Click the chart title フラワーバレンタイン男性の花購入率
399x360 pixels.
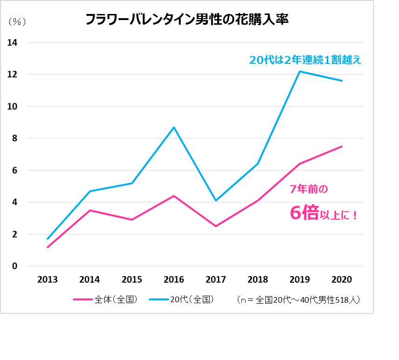click(187, 20)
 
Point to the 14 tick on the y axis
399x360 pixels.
click(12, 43)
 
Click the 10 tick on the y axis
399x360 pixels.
click(12, 107)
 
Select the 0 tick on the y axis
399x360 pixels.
click(14, 266)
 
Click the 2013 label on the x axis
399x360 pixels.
click(48, 280)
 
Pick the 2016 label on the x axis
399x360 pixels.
click(174, 280)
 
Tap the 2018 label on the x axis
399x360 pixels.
click(258, 280)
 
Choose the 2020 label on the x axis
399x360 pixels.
click(342, 280)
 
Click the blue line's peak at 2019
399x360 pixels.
click(300, 71)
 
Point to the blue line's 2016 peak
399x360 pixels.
click(174, 127)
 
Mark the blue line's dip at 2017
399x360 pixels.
click(216, 200)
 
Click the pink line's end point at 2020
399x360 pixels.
click(342, 146)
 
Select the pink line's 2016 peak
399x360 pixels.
click(174, 196)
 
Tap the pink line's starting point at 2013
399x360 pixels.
click(48, 247)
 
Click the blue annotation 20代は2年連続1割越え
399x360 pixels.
click(305, 60)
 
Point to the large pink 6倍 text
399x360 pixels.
click(304, 213)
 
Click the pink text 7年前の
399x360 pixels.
click(309, 189)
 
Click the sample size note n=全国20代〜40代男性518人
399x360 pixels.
click(298, 300)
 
